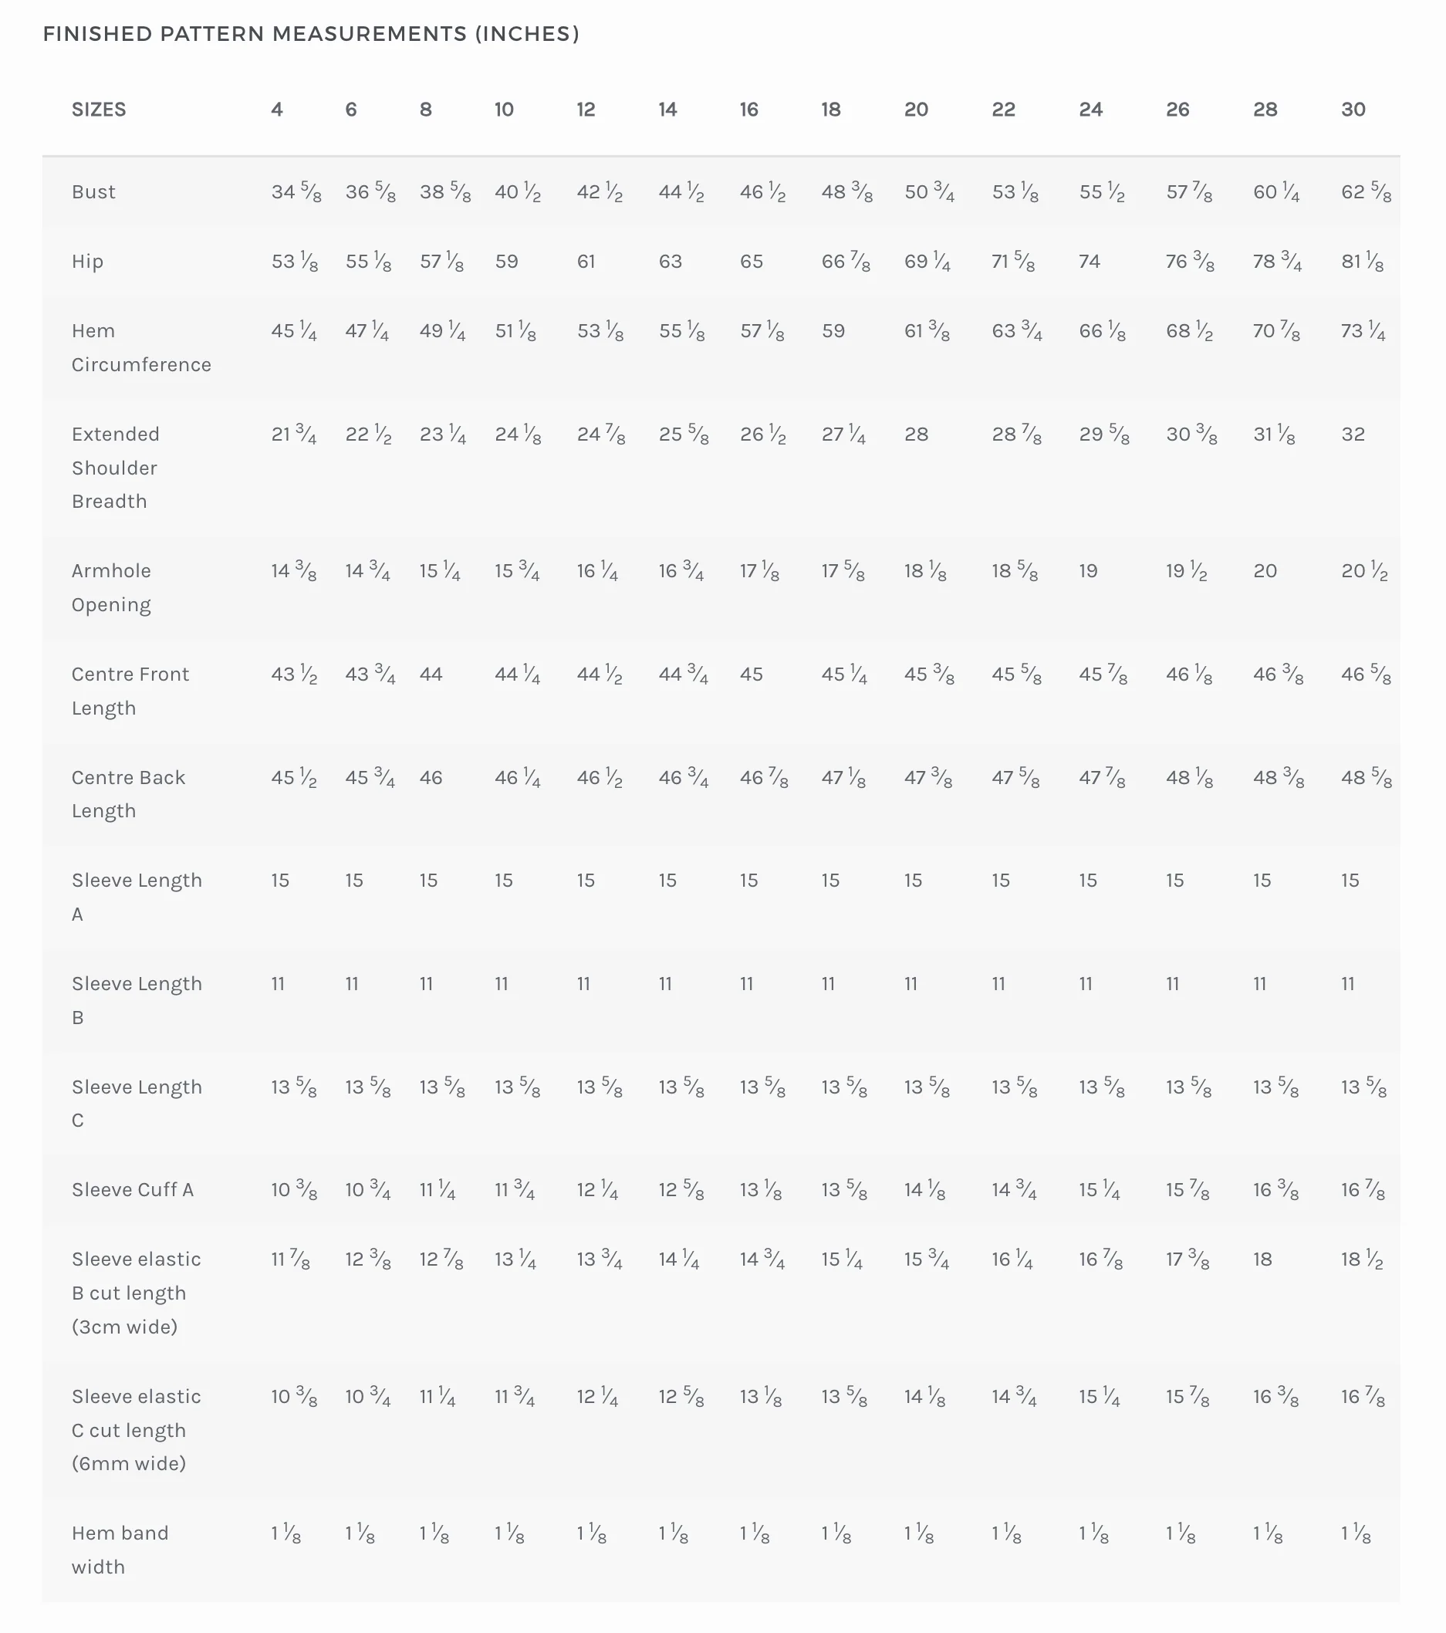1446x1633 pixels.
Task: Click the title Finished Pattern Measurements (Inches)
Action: click(x=311, y=33)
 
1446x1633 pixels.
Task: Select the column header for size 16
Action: click(x=748, y=110)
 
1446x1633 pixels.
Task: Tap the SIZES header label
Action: click(x=99, y=110)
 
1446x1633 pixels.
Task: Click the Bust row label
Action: click(x=93, y=191)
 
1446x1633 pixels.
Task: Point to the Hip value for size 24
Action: click(x=1090, y=262)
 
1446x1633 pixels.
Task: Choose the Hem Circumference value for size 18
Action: click(x=833, y=331)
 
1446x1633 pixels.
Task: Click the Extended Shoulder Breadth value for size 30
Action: click(x=1353, y=434)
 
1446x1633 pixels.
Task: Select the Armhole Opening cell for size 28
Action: click(x=1265, y=570)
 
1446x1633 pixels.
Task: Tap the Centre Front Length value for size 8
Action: click(x=431, y=674)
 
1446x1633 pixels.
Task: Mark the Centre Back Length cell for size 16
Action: click(x=764, y=777)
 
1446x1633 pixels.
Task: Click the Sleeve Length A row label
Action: click(x=137, y=897)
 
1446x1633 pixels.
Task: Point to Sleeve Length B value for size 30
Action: click(x=1348, y=983)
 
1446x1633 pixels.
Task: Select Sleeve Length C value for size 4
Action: click(x=294, y=1087)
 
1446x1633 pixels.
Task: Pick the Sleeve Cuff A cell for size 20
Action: click(x=925, y=1189)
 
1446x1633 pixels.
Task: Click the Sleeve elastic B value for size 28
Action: click(x=1262, y=1259)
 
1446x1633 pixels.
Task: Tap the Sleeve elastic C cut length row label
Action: click(x=137, y=1429)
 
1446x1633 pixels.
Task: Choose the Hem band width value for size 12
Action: click(x=592, y=1533)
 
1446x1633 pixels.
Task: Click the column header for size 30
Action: click(x=1353, y=110)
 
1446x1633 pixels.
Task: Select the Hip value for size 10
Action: click(x=506, y=262)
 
